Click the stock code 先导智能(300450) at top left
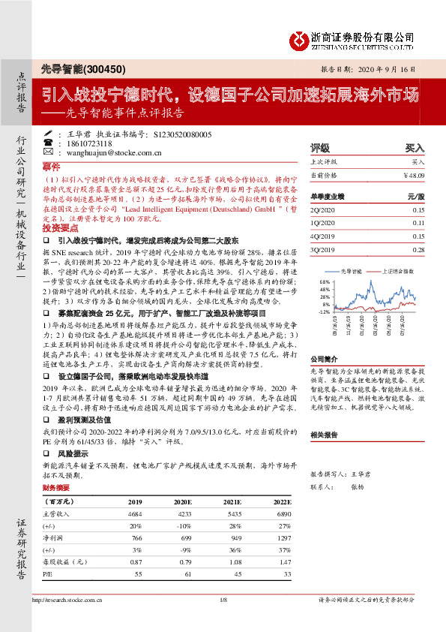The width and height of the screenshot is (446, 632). tap(72, 68)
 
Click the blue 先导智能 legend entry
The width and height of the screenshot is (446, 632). tap(351, 272)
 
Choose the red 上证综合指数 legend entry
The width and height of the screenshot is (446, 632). tap(395, 272)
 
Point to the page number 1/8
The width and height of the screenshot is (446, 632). tap(223, 601)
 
